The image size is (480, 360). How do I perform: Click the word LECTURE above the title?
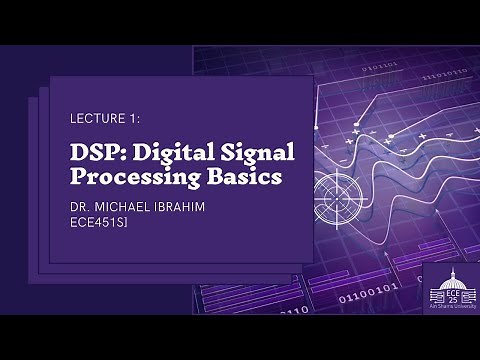click(96, 118)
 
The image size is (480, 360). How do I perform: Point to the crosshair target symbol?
click(334, 191)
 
